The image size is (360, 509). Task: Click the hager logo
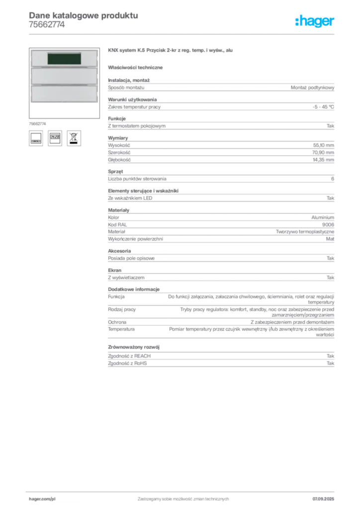(314, 21)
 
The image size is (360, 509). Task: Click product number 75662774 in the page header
(47, 25)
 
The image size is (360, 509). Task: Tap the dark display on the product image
(64, 59)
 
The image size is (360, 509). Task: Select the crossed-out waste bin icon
(74, 138)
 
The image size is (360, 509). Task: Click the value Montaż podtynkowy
(312, 87)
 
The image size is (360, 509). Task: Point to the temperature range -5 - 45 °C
(323, 107)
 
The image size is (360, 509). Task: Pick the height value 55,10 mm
(323, 146)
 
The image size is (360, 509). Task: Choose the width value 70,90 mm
(323, 153)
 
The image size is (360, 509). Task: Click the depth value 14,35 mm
(323, 160)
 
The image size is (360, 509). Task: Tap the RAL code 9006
(328, 225)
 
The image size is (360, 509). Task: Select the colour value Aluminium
(323, 218)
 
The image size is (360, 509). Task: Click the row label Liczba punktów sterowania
(137, 179)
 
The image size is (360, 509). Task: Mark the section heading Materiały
(118, 210)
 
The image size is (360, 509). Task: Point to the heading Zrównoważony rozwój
(134, 347)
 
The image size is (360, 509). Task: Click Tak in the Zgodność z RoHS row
(331, 363)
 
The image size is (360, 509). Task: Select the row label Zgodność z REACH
(129, 356)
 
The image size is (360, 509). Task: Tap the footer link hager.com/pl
(42, 499)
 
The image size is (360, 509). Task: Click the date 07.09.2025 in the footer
(323, 499)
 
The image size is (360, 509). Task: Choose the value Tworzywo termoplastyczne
(305, 232)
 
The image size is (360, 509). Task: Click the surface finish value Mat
(330, 239)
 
